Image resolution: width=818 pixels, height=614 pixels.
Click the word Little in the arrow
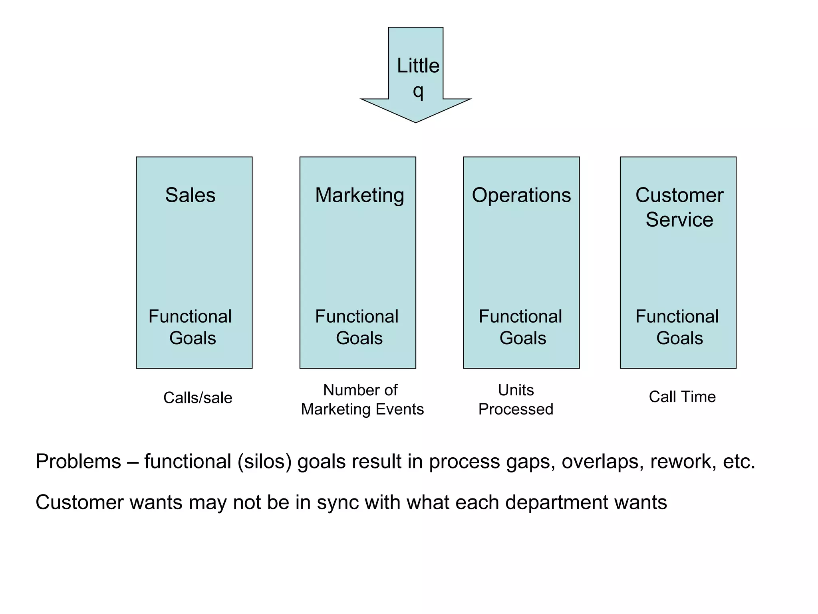coord(418,66)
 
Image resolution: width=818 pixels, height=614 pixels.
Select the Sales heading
coord(190,195)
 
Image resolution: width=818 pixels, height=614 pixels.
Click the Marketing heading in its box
coord(359,195)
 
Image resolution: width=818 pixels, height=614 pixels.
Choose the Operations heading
coord(521,195)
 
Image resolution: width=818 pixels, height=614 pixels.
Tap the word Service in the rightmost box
coord(679,220)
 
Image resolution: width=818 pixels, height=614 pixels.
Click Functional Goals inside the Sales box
coord(191,327)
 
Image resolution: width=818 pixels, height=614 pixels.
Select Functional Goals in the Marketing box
coord(357,327)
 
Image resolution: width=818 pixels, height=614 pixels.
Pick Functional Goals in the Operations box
coord(521,327)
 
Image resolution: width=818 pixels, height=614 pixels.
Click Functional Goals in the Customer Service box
coord(677,327)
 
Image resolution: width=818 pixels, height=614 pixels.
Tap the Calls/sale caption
coord(198,398)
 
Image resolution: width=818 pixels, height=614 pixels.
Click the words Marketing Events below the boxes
coord(362,409)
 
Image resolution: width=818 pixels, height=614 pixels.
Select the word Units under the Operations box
coord(516,390)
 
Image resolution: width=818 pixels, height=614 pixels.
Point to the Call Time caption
coord(682,397)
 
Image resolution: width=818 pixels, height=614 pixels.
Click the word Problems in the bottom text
coord(78,462)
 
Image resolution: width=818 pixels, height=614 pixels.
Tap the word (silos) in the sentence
coord(265,462)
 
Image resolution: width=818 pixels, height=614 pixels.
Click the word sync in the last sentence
coord(338,503)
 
